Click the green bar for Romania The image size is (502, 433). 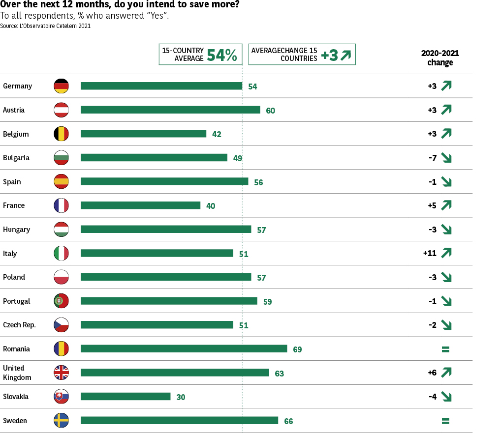[184, 348]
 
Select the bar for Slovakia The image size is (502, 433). [125, 396]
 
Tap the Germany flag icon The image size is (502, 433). [61, 86]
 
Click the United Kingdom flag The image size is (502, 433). [61, 373]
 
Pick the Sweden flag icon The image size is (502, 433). [61, 420]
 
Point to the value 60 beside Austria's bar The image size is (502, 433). [270, 111]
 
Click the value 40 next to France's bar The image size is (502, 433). [211, 206]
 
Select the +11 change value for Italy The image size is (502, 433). [430, 253]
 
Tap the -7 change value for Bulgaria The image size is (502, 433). [432, 158]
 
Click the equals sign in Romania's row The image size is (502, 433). [445, 349]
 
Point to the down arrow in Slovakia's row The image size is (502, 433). [446, 396]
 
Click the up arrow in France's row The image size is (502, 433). [446, 205]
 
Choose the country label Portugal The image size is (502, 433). [16, 301]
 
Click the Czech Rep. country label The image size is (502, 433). [19, 325]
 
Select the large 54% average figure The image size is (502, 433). [222, 55]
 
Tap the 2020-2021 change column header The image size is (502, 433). [440, 58]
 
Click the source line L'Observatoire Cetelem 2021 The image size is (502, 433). [45, 26]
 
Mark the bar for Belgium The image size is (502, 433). [143, 134]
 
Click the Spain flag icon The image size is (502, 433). [61, 181]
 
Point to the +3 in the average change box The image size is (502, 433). [329, 56]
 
